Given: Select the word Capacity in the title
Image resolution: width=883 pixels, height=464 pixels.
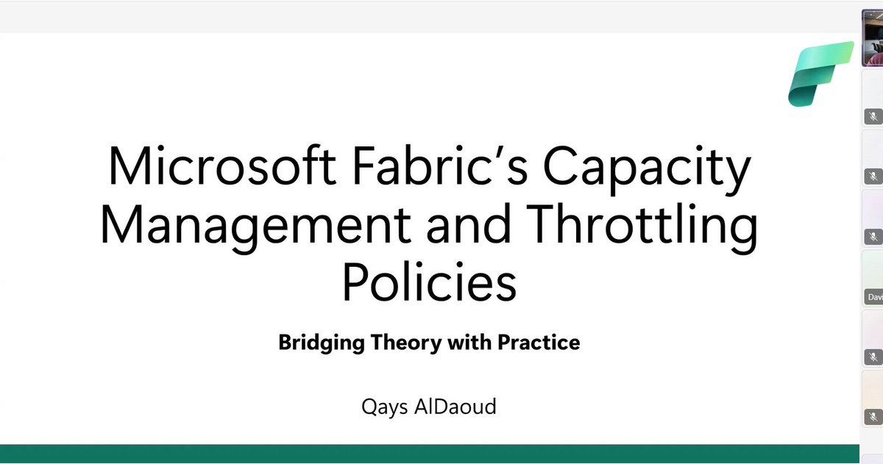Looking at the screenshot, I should click(x=648, y=167).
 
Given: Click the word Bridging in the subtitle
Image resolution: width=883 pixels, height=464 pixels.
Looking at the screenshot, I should click(x=322, y=343).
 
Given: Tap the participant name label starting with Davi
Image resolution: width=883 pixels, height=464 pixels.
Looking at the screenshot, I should click(x=873, y=298).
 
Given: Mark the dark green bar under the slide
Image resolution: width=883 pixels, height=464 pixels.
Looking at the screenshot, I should click(x=429, y=453).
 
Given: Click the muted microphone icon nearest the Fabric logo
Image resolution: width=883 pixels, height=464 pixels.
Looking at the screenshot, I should click(x=873, y=116).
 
